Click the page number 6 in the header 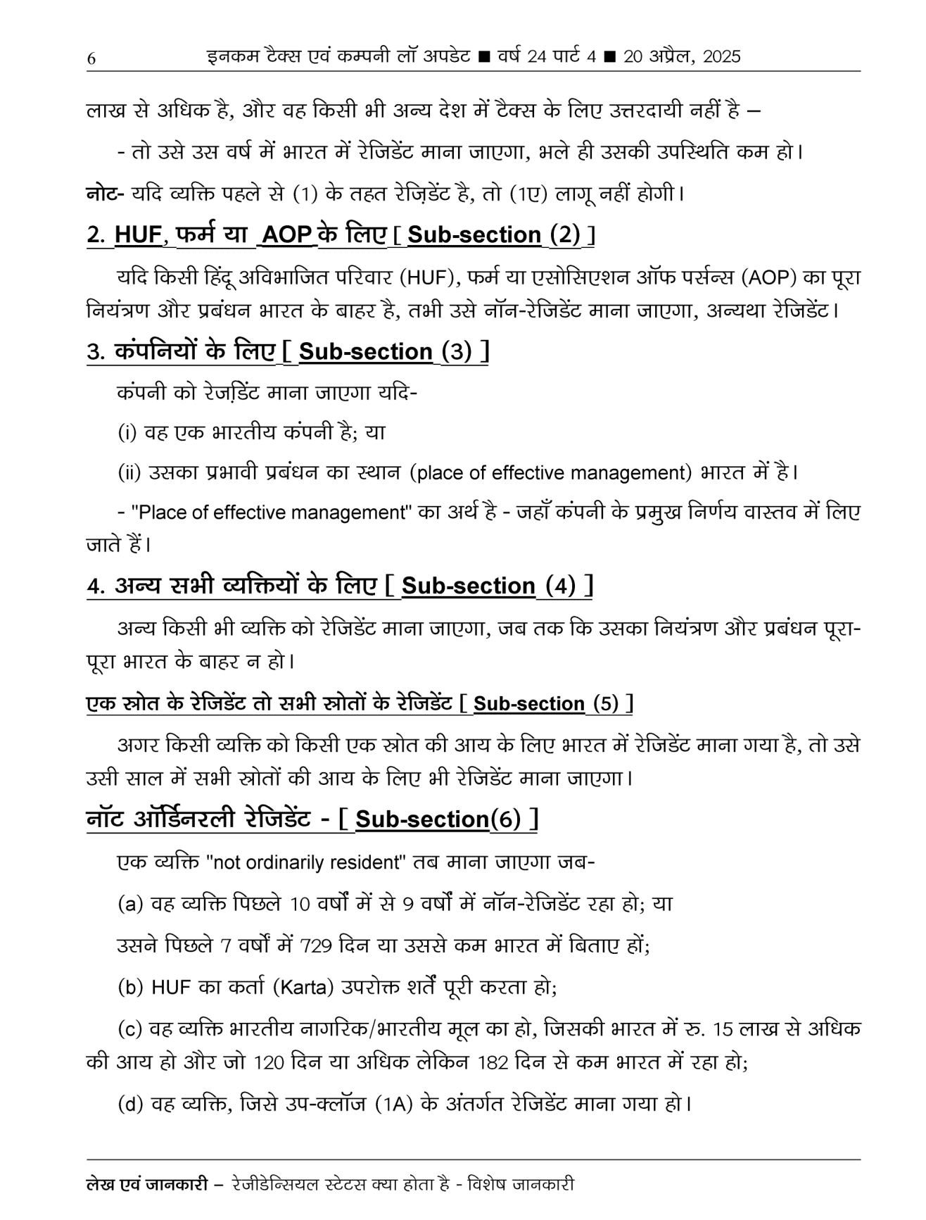coord(91,59)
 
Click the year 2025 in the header coord(721,57)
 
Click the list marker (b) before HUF coord(131,988)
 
